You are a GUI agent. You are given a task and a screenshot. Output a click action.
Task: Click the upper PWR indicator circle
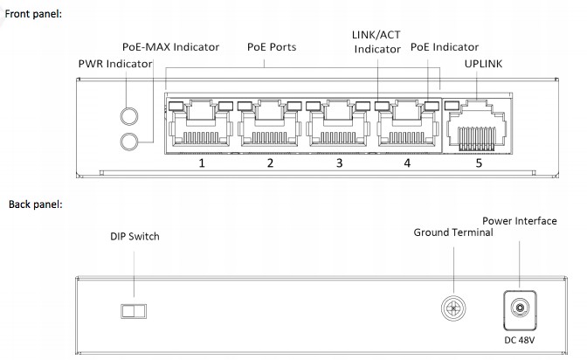click(x=129, y=115)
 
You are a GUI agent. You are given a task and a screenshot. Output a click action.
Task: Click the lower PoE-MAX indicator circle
click(x=129, y=141)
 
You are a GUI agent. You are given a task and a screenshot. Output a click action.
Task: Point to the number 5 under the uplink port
click(x=478, y=163)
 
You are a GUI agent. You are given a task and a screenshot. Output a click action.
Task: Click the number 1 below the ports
click(x=201, y=163)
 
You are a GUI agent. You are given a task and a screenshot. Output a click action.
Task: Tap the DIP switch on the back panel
click(x=132, y=311)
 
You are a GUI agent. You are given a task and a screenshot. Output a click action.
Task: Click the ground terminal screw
click(x=452, y=307)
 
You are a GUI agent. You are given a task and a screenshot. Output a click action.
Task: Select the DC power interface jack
click(x=521, y=308)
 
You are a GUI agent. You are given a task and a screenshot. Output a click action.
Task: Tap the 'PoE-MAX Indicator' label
click(x=171, y=46)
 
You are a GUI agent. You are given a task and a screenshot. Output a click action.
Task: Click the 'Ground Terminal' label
click(x=453, y=232)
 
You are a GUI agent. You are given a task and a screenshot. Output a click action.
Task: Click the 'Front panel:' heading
click(x=34, y=15)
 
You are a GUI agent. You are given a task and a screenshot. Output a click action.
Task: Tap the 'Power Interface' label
click(x=519, y=221)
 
